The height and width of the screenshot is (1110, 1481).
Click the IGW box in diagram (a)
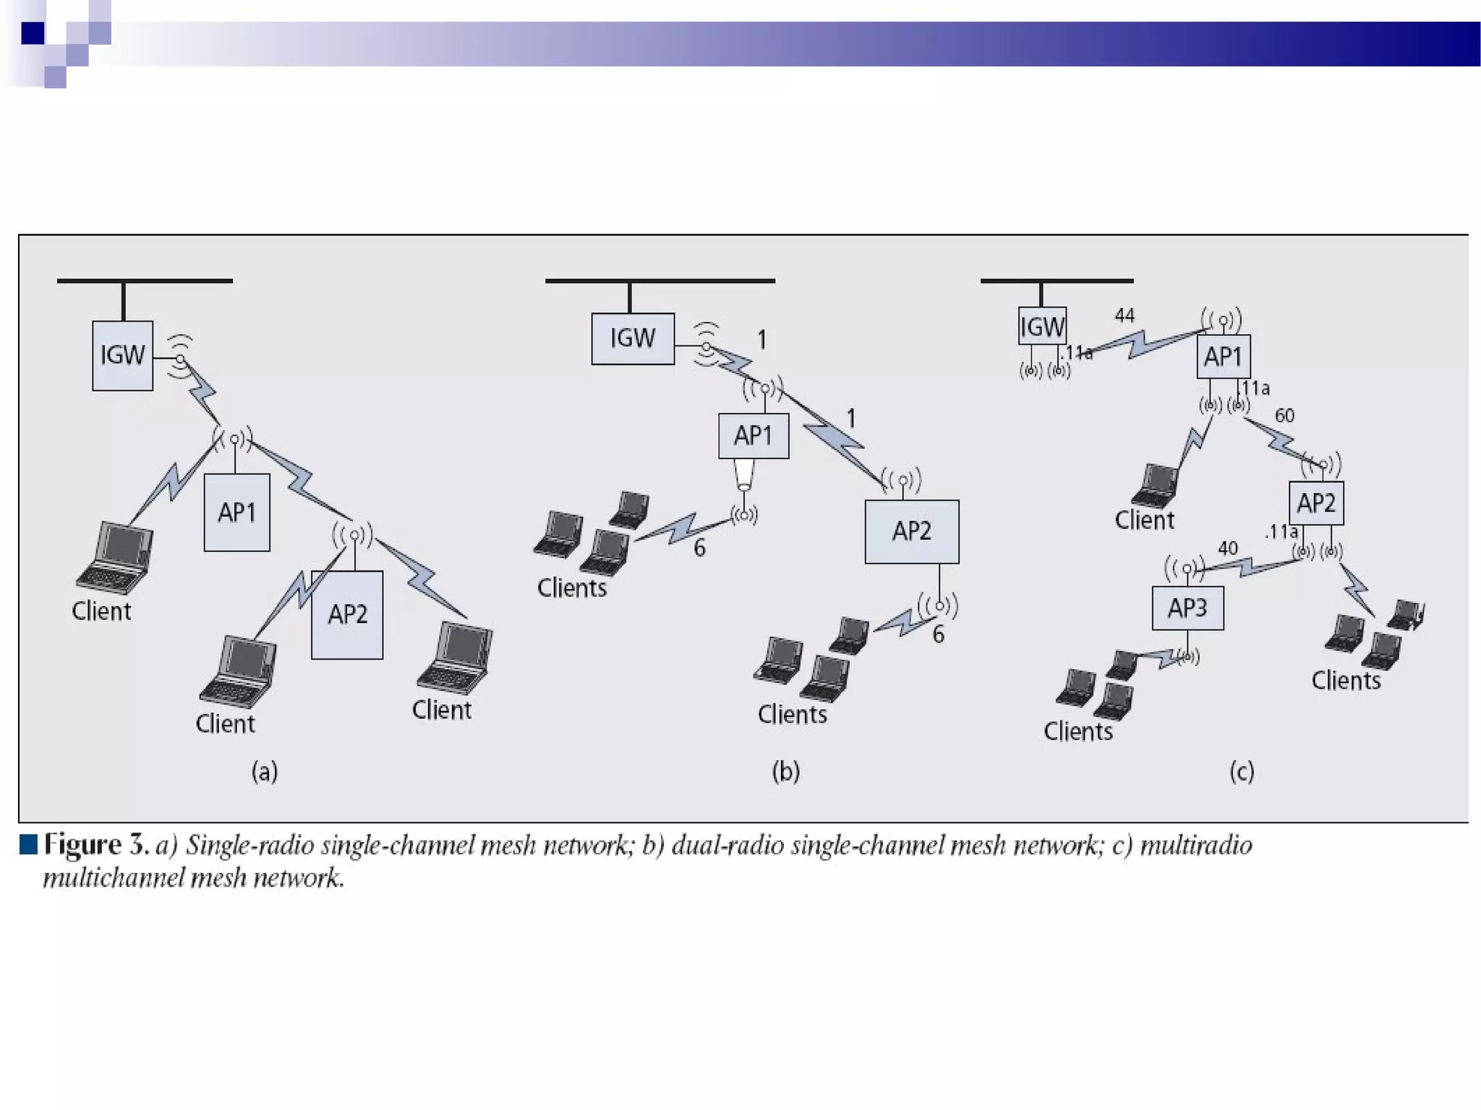122,356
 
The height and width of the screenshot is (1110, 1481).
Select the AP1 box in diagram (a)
236,512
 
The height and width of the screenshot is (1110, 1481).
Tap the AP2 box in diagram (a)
347,615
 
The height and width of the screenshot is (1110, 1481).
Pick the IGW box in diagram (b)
633,338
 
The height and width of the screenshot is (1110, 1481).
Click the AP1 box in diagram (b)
754,436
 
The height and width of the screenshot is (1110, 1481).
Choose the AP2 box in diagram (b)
912,531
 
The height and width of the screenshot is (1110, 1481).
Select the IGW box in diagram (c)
1042,327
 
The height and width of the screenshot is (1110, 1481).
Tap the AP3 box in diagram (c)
1187,608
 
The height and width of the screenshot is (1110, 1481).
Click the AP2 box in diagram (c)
1316,503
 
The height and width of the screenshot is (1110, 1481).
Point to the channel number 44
1124,316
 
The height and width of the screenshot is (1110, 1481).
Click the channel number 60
1284,416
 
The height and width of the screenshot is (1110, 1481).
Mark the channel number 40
1227,548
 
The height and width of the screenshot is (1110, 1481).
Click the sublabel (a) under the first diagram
265,772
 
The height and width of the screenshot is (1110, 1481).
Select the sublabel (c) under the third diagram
1242,772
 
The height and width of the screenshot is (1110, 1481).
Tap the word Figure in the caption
82,845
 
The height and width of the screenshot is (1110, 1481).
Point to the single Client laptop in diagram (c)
1156,486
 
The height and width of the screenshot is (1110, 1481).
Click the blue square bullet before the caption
29,844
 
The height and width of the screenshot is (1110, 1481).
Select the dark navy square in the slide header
33,33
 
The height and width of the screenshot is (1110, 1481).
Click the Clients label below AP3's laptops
1077,731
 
